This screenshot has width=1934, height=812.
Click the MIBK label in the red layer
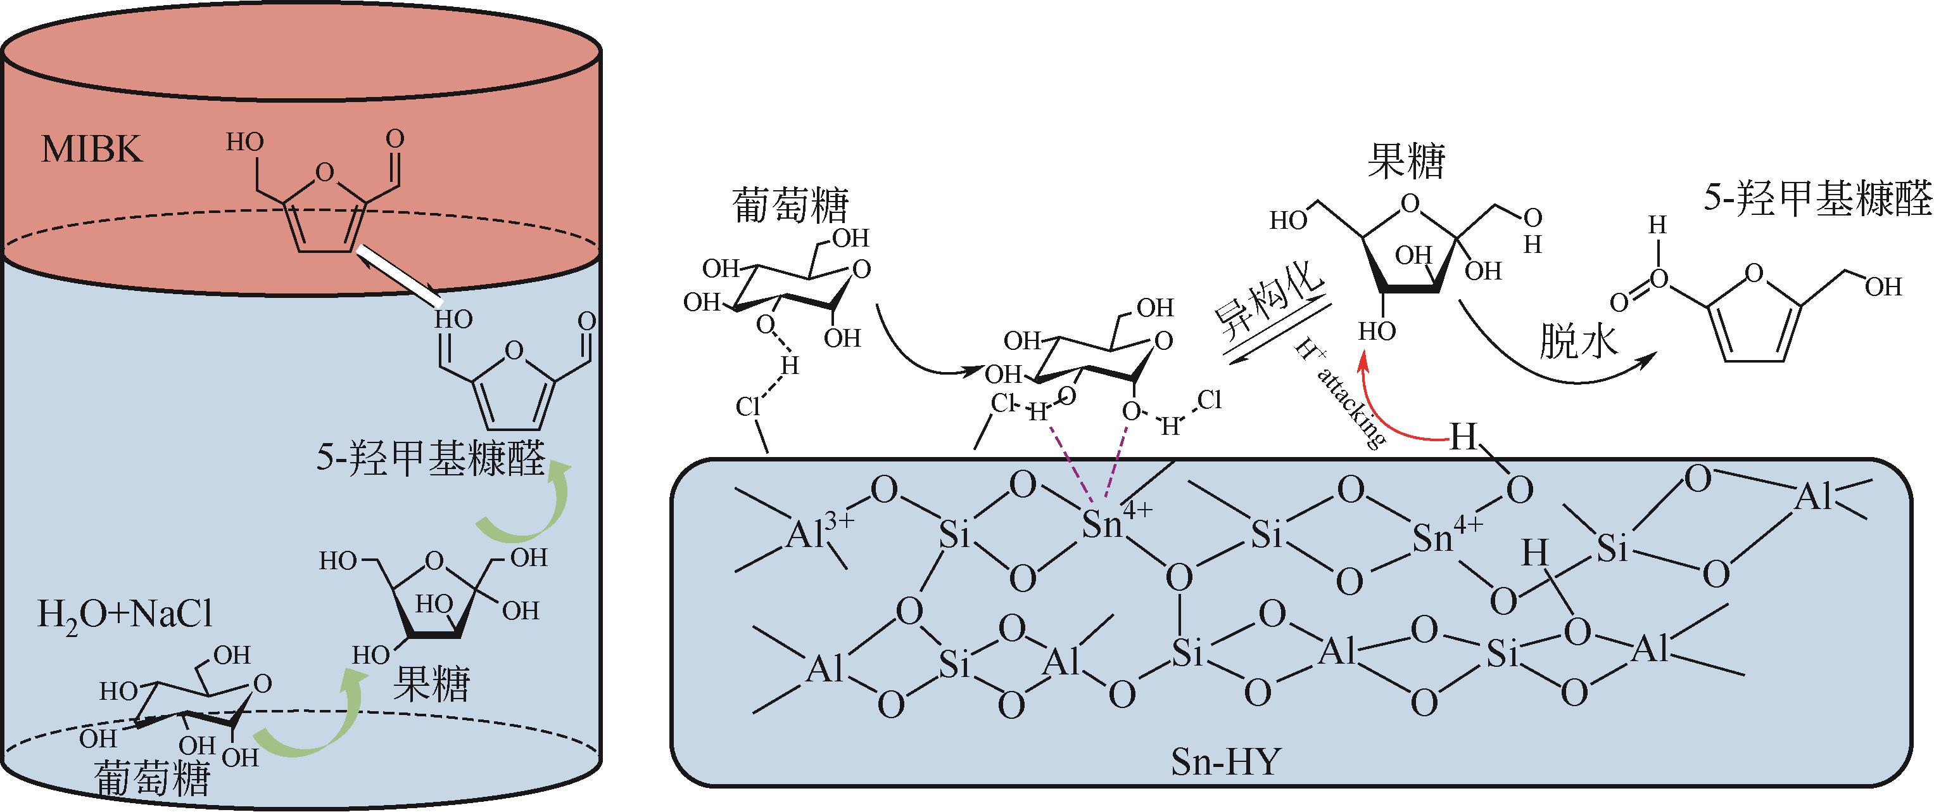(92, 151)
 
